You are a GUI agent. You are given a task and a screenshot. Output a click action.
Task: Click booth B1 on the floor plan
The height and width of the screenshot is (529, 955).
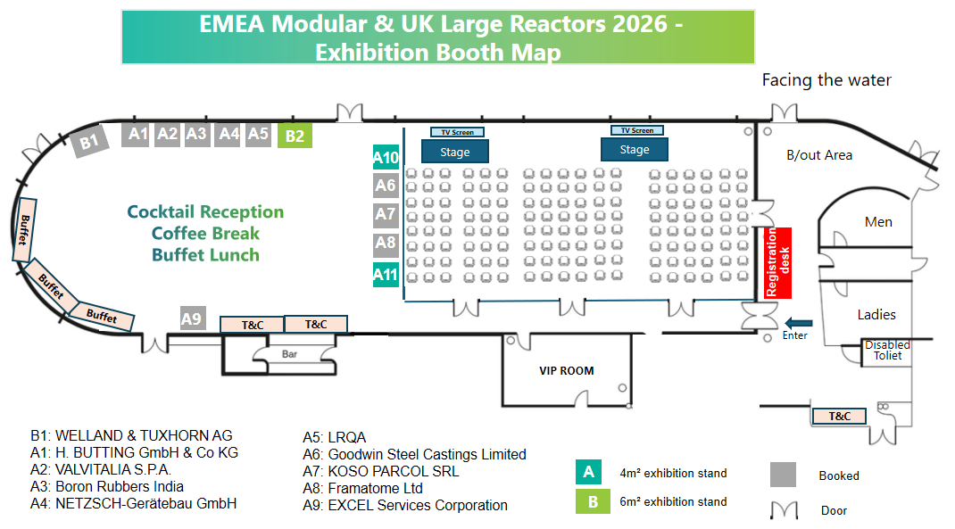[89, 141]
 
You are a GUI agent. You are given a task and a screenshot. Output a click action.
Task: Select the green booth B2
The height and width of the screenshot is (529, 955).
[295, 136]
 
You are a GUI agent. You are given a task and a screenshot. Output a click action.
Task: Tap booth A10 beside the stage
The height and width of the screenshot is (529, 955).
[386, 157]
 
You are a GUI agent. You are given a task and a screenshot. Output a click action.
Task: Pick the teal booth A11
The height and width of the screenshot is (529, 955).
[386, 275]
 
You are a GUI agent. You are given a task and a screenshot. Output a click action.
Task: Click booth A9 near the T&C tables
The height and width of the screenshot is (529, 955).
[193, 318]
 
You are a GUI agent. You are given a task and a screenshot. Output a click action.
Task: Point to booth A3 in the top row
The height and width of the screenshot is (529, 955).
[196, 134]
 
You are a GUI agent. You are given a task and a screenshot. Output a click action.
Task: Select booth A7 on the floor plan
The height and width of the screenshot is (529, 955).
[386, 214]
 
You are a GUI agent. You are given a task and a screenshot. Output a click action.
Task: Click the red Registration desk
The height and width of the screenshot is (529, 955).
[777, 263]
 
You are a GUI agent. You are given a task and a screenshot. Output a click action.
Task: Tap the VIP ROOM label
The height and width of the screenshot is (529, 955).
[567, 371]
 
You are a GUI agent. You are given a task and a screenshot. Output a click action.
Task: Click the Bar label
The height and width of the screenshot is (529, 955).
[289, 353]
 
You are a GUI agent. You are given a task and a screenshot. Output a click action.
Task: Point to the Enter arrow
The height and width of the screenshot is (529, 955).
[799, 323]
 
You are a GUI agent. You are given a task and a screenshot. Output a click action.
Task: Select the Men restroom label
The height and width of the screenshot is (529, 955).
[878, 222]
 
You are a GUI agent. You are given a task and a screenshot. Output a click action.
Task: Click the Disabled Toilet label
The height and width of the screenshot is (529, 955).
[887, 350]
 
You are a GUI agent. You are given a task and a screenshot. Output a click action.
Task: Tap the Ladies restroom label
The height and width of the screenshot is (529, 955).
[876, 315]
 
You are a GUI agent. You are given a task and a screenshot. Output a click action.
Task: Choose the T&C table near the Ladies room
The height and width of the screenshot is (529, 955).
[839, 417]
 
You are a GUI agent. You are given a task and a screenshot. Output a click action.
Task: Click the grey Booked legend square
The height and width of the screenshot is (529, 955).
[783, 475]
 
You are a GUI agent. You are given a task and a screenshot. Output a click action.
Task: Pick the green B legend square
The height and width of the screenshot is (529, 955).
[593, 501]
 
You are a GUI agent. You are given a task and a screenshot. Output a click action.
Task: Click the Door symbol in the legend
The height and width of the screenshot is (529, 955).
[784, 510]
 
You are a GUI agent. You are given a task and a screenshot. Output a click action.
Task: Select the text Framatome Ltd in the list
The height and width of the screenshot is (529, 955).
[375, 488]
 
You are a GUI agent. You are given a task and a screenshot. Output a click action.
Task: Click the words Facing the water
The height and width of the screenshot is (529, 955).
[826, 79]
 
